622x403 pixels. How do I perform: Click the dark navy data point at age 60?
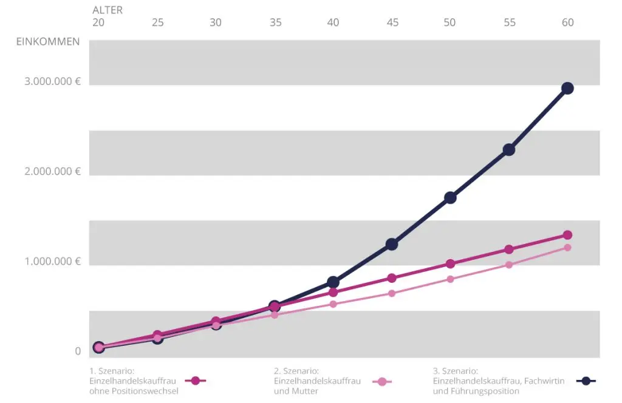(x=567, y=88)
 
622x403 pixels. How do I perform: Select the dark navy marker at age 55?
(x=509, y=149)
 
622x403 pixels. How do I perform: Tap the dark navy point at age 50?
(x=450, y=197)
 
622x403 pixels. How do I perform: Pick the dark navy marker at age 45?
(x=392, y=244)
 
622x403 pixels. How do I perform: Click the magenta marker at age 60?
(x=567, y=235)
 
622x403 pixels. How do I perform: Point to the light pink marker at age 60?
(x=567, y=248)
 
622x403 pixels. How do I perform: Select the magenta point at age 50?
(x=450, y=263)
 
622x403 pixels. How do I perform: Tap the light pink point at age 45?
(x=392, y=293)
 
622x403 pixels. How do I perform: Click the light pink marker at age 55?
(x=509, y=265)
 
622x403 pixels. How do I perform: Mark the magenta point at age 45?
(x=392, y=278)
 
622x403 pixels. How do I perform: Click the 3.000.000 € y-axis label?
(x=53, y=81)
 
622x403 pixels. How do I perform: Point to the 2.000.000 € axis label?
(x=53, y=171)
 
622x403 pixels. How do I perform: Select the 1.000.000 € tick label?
(x=53, y=261)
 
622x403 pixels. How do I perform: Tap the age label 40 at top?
(x=333, y=22)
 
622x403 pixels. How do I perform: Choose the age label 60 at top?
(x=567, y=22)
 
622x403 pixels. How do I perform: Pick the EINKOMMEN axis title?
(x=48, y=42)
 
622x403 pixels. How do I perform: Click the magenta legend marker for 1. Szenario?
(x=196, y=381)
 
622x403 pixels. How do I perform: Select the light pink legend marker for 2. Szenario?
(x=381, y=382)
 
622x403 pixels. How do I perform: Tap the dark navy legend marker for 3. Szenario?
(x=586, y=381)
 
